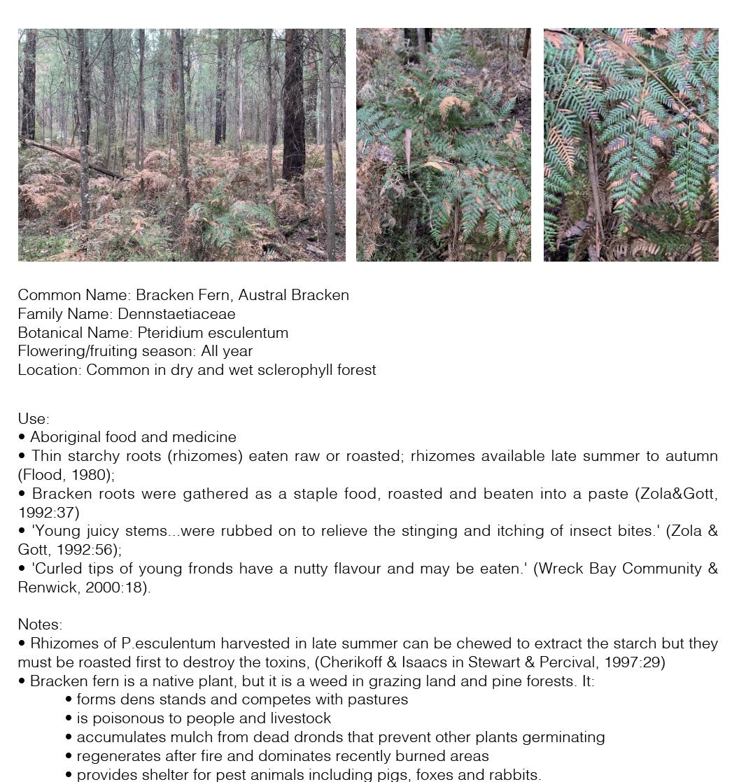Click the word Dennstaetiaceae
pyautogui.click(x=176, y=314)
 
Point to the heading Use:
pyautogui.click(x=34, y=419)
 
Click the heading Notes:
pyautogui.click(x=40, y=625)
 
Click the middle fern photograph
pyautogui.click(x=443, y=145)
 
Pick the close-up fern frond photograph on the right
pyautogui.click(x=631, y=145)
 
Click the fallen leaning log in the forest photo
pyautogui.click(x=70, y=158)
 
